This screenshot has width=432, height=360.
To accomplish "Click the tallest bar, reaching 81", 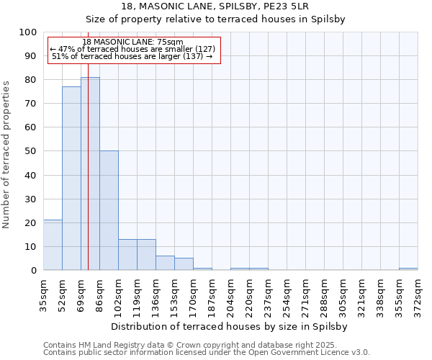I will click(90, 173).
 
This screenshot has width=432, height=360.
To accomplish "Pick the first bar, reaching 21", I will click(53, 245).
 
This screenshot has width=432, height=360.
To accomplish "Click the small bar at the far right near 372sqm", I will click(408, 269).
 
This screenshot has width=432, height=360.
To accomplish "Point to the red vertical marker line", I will click(88, 144).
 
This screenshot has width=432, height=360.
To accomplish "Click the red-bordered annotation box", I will click(134, 50).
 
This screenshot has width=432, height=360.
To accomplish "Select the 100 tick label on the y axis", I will click(28, 32).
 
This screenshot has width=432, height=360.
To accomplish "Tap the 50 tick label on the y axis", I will click(31, 151).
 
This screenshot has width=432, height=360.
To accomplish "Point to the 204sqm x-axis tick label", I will click(231, 294).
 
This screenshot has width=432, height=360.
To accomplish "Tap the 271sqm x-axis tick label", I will click(306, 294).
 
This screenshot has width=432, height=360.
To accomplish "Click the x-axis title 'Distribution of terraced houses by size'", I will click(230, 326).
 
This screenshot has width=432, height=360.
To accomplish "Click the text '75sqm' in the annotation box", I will click(170, 42).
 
